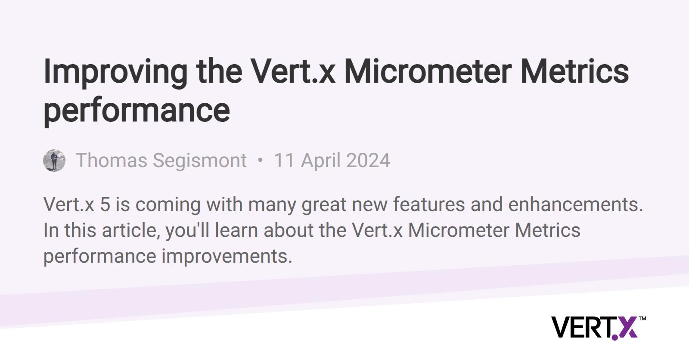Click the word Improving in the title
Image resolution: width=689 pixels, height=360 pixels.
(115, 73)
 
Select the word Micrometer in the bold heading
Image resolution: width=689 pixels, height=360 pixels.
(428, 71)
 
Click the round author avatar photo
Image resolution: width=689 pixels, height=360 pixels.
(54, 160)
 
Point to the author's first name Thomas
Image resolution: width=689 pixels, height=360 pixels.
(112, 160)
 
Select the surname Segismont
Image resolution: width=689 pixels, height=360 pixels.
(200, 161)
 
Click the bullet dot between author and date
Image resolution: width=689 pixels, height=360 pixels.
(260, 160)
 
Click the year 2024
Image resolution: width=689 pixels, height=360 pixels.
(368, 160)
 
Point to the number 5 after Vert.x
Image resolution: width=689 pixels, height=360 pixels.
(105, 204)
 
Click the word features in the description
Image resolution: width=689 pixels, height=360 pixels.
(429, 204)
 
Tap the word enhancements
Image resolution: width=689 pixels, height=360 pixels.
(575, 204)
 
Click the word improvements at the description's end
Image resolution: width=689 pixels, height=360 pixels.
(227, 257)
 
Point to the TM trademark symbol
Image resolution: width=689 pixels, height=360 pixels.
(642, 319)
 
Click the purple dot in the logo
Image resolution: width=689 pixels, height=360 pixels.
(615, 338)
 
